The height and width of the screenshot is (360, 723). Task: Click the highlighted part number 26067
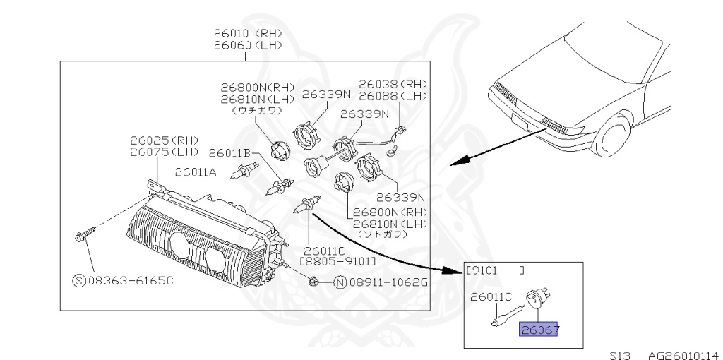coord(538,329)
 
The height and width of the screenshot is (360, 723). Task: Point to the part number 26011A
coord(196,172)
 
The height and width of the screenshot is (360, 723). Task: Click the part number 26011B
coord(229,152)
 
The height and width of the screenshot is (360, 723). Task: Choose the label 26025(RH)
coord(164,140)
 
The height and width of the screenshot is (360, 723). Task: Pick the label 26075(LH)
coord(164,151)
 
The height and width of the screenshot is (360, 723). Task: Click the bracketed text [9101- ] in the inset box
coord(494,270)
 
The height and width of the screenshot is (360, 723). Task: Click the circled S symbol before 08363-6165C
coord(79,280)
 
